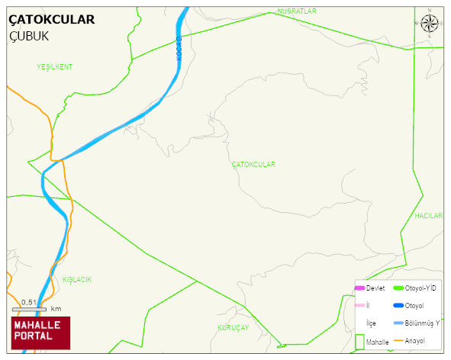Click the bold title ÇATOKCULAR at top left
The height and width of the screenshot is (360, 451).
[52, 19]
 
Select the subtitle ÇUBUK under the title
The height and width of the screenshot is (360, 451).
[30, 36]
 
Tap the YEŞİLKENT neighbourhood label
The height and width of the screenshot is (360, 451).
[54, 67]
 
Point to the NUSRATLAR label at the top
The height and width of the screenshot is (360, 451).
[297, 11]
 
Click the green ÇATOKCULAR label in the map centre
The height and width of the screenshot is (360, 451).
[253, 165]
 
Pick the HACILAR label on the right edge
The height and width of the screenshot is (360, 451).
[428, 216]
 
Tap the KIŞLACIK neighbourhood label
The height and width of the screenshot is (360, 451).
[77, 280]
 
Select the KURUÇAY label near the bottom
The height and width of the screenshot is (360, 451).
[234, 327]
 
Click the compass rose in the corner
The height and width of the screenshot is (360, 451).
[430, 23]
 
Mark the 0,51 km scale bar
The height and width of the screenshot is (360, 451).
[30, 308]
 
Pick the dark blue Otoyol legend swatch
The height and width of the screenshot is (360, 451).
[398, 306]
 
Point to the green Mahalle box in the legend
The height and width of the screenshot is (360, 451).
[360, 341]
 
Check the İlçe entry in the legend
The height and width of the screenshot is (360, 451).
[371, 323]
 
